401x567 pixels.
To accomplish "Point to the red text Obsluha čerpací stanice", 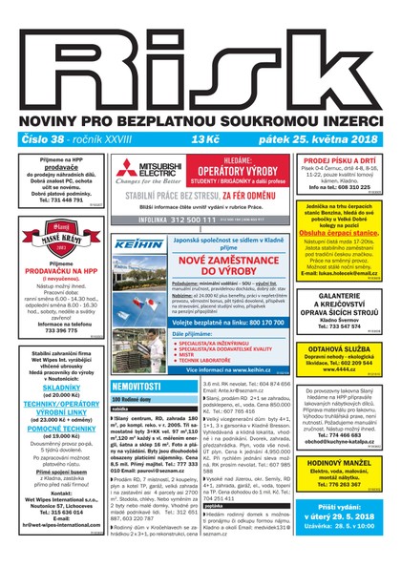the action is (x=348, y=232).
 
